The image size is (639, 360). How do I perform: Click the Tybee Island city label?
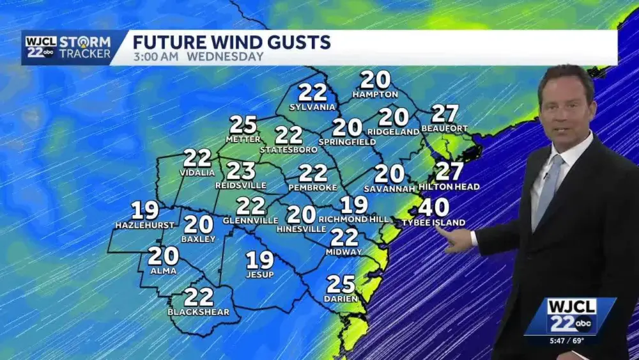433,223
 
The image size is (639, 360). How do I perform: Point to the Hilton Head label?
449,187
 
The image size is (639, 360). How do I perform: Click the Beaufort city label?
445,129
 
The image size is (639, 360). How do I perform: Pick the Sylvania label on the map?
312,107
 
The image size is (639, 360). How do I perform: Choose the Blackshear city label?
199,312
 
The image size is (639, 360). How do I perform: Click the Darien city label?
341,299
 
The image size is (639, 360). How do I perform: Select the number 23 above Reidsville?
241,171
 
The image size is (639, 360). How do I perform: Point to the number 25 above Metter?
243,125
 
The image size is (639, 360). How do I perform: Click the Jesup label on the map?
259,275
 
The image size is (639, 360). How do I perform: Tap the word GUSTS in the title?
299,43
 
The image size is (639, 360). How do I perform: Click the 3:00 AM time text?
157,56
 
